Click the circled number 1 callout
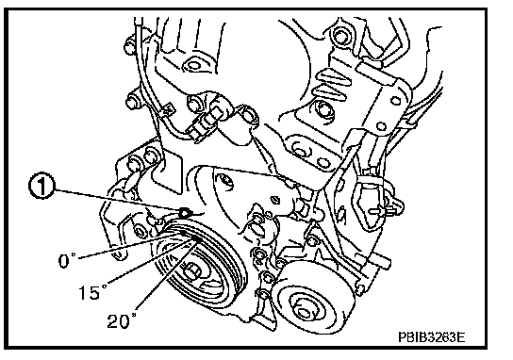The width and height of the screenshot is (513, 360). pyautogui.click(x=41, y=186)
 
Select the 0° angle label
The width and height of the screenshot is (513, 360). pyautogui.click(x=67, y=261)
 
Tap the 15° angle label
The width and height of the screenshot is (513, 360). pyautogui.click(x=92, y=291)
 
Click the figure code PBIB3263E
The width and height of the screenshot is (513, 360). pyautogui.click(x=431, y=336)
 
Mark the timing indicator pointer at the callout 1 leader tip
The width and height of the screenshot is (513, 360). pyautogui.click(x=185, y=213)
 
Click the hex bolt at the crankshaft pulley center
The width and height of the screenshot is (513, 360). pyautogui.click(x=192, y=272)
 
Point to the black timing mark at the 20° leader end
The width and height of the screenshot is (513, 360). pyautogui.click(x=196, y=239)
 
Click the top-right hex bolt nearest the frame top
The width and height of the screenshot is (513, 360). pyautogui.click(x=340, y=36)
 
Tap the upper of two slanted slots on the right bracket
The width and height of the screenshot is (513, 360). pyautogui.click(x=332, y=77)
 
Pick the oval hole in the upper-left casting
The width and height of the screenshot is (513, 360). pyautogui.click(x=193, y=66)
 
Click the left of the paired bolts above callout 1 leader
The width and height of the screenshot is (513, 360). pyautogui.click(x=135, y=162)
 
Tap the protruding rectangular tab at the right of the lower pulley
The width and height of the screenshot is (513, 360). pyautogui.click(x=380, y=262)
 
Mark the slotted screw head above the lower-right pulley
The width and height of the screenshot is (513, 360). pyautogui.click(x=275, y=199)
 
